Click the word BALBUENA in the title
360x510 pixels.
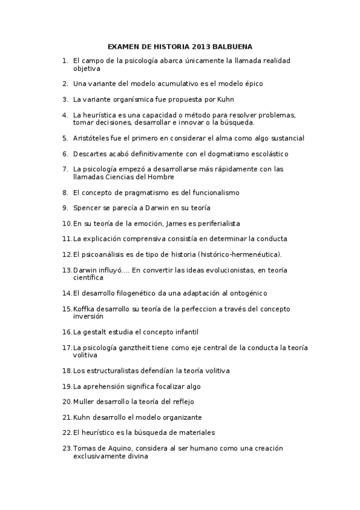click(231, 46)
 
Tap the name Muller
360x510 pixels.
click(84, 401)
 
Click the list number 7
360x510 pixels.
click(64, 169)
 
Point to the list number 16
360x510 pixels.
click(67, 332)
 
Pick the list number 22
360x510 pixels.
click(67, 432)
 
